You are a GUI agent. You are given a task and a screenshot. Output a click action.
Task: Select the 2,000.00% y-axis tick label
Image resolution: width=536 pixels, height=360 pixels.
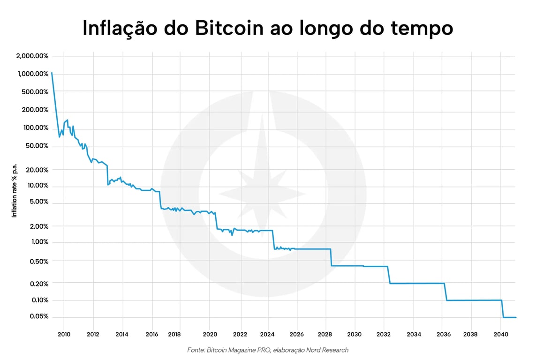click(x=32, y=56)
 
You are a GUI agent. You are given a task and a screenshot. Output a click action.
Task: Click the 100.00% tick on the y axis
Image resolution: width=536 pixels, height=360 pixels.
click(x=36, y=128)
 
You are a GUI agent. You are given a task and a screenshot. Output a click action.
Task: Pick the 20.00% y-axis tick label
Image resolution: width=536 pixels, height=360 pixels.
click(x=37, y=170)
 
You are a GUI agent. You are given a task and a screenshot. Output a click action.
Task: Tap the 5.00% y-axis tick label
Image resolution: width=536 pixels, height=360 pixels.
click(x=39, y=202)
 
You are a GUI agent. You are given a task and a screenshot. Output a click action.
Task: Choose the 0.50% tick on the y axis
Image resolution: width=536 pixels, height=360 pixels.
click(x=39, y=261)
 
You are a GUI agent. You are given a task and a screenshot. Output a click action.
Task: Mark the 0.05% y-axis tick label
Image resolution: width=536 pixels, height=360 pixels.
click(x=39, y=316)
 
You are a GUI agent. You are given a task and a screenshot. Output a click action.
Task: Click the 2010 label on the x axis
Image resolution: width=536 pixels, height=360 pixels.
click(x=64, y=334)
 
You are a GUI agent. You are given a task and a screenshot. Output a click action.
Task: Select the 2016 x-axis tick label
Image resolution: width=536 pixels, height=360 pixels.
click(x=152, y=334)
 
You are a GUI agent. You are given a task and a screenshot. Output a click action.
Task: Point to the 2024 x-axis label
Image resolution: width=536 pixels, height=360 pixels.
click(x=268, y=334)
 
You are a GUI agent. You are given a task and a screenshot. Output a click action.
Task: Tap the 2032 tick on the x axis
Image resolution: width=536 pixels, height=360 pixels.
click(x=384, y=334)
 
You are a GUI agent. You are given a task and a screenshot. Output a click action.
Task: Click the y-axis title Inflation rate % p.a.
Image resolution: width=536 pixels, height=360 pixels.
click(x=14, y=190)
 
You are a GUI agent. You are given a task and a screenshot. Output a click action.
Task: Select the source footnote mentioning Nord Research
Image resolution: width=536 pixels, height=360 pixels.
click(x=268, y=350)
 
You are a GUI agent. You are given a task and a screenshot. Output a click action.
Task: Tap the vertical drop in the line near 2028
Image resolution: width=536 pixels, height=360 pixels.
click(x=331, y=257)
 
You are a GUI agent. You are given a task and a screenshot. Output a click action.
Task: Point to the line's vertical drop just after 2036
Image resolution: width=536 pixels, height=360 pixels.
click(x=445, y=292)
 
